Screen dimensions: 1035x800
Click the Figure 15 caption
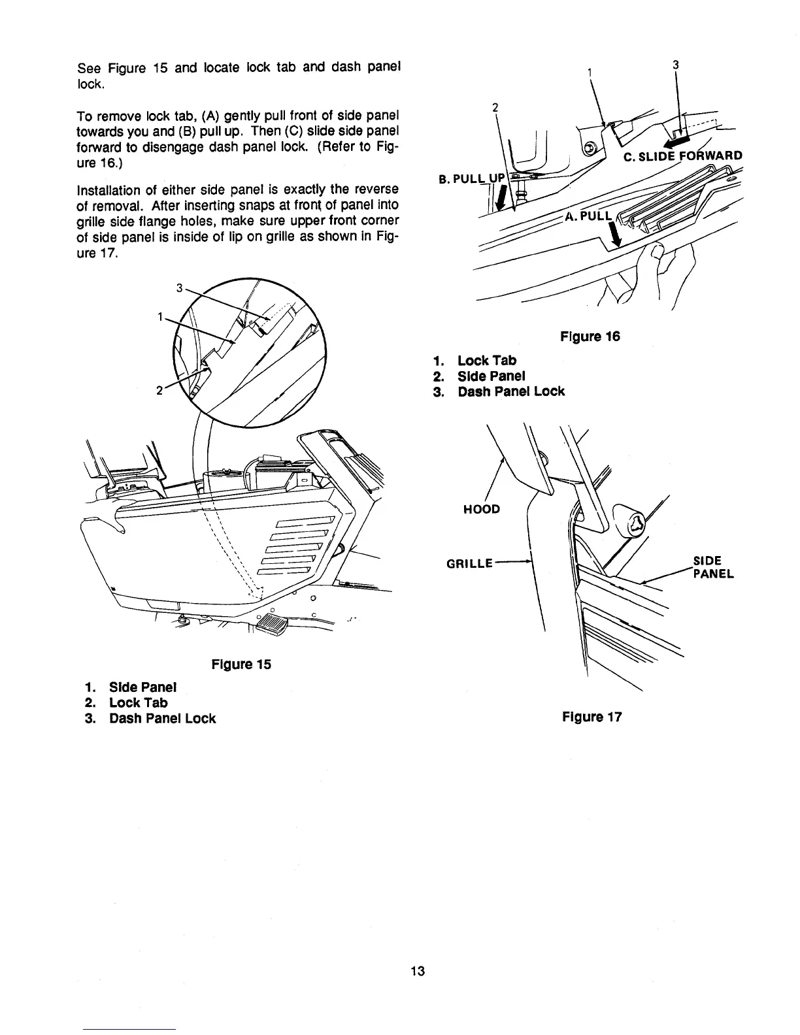pos(241,665)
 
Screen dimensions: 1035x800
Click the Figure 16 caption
pos(590,337)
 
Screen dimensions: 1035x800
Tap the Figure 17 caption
pos(592,717)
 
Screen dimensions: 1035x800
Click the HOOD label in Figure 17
pos(480,508)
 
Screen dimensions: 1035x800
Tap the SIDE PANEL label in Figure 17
pos(712,567)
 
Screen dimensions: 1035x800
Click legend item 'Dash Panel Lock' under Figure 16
pos(510,391)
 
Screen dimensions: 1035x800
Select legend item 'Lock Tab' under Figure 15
pos(138,702)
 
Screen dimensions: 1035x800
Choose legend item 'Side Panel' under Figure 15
pos(142,687)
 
